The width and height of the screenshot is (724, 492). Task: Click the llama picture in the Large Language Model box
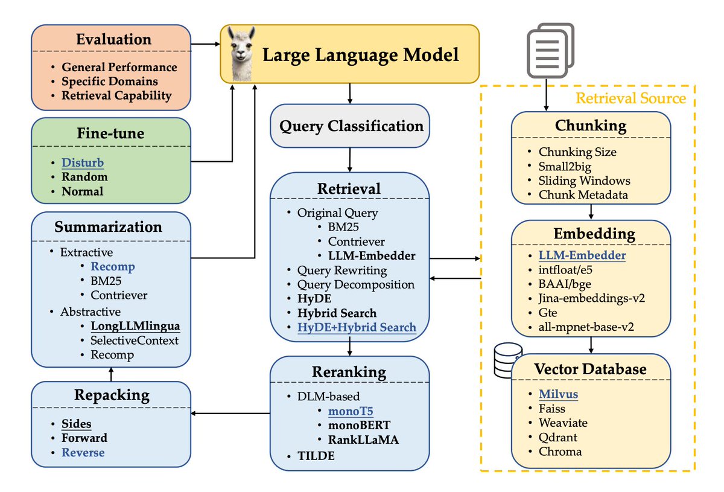(x=241, y=54)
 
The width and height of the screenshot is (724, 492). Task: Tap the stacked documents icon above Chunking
(x=550, y=50)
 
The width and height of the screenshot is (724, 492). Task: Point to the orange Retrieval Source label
(x=630, y=98)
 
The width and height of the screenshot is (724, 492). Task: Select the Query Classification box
(x=350, y=126)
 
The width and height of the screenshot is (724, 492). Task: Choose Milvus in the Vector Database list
(x=558, y=394)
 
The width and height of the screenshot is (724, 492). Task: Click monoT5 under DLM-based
(x=351, y=411)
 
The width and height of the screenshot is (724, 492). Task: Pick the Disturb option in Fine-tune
(x=83, y=162)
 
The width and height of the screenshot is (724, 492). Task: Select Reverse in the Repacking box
(x=83, y=452)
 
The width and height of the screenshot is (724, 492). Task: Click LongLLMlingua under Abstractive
(x=135, y=326)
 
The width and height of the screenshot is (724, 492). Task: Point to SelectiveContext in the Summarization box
(x=134, y=340)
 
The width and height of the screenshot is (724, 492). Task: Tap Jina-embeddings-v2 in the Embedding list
(x=591, y=298)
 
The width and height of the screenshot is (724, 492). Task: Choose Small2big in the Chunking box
(x=565, y=166)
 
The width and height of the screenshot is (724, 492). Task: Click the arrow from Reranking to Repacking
(x=230, y=413)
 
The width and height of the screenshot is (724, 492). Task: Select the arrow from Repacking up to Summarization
(x=111, y=374)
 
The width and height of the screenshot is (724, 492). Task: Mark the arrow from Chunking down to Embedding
(x=591, y=212)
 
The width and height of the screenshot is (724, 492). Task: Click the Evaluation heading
(x=114, y=39)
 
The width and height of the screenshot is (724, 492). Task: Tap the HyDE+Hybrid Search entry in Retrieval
(x=357, y=327)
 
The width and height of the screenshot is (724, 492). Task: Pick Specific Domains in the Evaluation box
(x=110, y=81)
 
